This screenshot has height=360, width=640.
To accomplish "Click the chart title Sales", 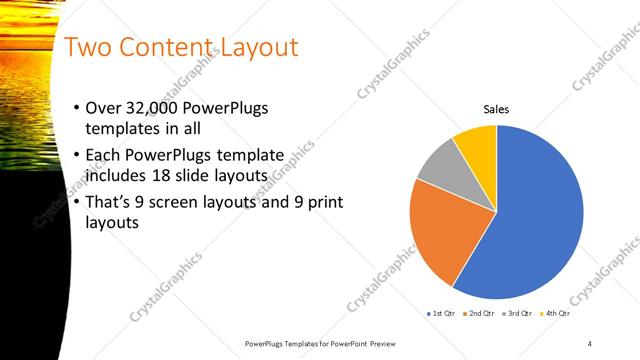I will pyautogui.click(x=496, y=109).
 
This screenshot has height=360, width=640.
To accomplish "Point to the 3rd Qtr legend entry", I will pyautogui.click(x=517, y=314).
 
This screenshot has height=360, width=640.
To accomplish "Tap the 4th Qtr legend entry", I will pyautogui.click(x=555, y=314).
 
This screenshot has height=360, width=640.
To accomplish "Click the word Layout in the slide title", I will pyautogui.click(x=254, y=48).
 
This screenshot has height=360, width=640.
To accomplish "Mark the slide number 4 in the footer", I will pyautogui.click(x=590, y=343).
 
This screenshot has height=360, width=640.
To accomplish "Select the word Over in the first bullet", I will pyautogui.click(x=105, y=108).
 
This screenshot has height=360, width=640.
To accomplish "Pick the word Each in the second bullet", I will pyautogui.click(x=106, y=155).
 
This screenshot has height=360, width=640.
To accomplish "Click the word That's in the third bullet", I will pyautogui.click(x=113, y=202).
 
